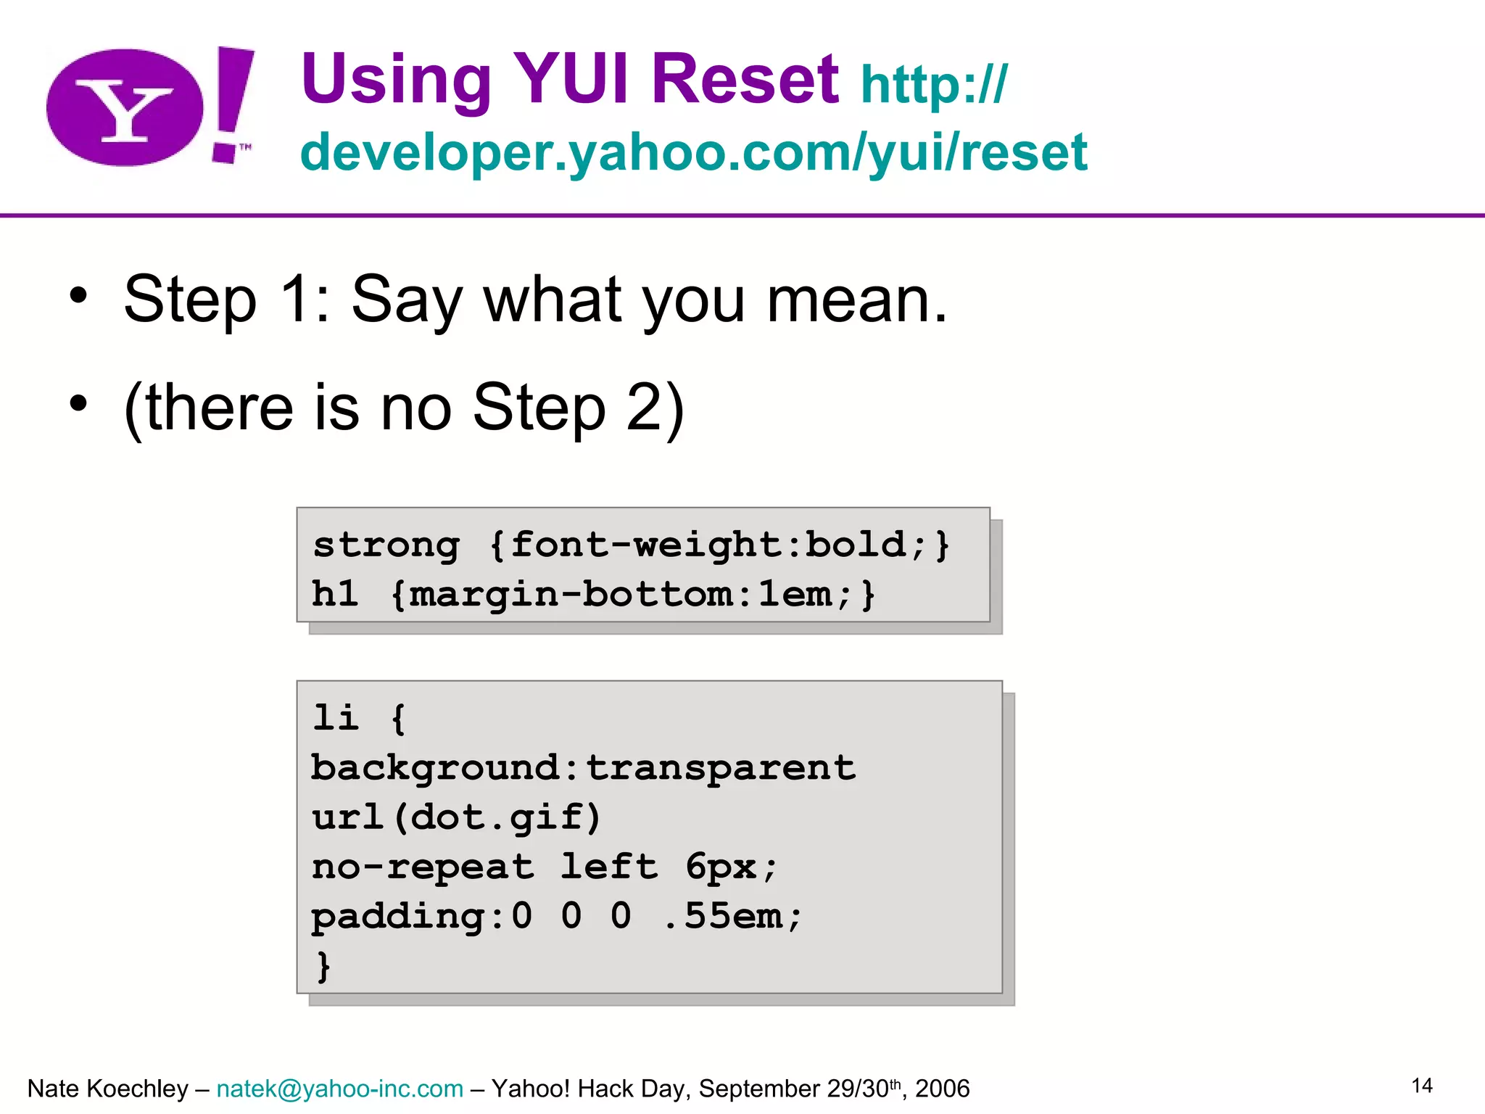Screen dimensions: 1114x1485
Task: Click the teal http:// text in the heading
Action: (x=933, y=86)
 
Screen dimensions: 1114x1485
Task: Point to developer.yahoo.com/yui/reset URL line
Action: (x=693, y=152)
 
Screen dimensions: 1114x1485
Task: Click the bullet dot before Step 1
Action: (x=78, y=296)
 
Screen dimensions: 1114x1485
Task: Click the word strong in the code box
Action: (x=386, y=545)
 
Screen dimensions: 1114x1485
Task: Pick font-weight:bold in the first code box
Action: (x=708, y=545)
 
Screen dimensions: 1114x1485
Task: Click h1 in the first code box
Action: (x=335, y=594)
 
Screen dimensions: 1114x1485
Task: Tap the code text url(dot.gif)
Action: (x=457, y=817)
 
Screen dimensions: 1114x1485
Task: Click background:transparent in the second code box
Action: (x=583, y=768)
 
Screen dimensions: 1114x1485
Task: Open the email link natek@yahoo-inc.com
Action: (x=339, y=1089)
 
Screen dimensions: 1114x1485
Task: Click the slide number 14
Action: (x=1421, y=1086)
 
